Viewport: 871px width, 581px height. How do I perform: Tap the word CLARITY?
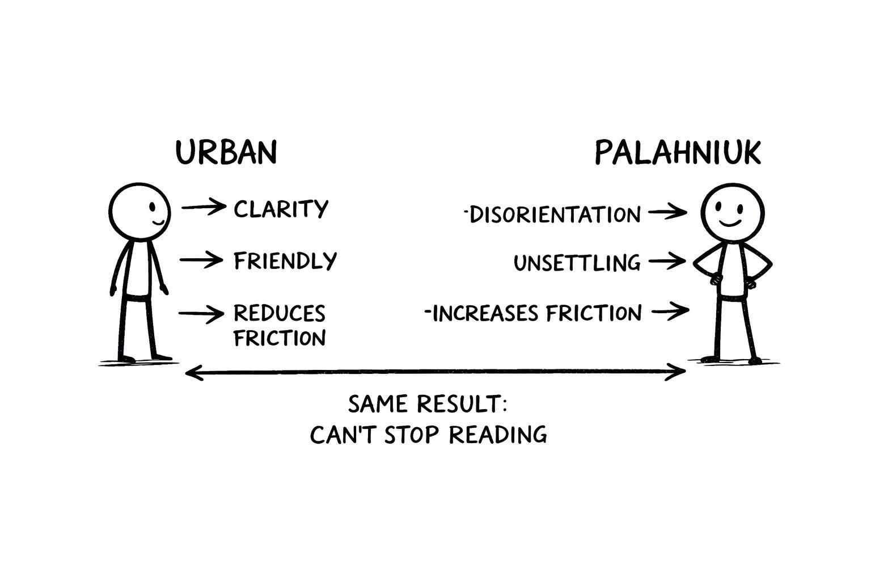point(281,209)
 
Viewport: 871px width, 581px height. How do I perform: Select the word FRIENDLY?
point(285,261)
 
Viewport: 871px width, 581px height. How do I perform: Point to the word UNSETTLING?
point(577,263)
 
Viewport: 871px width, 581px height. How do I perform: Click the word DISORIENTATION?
point(555,215)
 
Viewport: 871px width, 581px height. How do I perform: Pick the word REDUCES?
point(279,313)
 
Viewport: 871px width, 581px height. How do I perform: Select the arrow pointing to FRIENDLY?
point(201,260)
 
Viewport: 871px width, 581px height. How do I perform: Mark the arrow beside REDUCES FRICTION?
point(201,313)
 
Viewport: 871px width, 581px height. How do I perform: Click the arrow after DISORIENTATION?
point(667,213)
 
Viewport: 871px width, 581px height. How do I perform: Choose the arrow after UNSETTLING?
point(667,262)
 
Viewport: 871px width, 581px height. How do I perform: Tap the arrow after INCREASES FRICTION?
point(670,311)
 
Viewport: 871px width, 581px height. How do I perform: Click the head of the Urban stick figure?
point(139,210)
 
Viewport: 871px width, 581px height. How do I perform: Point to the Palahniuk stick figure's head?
point(732,213)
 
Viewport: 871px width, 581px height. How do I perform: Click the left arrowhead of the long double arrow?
point(193,373)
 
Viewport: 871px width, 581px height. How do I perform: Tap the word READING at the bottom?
point(498,435)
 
